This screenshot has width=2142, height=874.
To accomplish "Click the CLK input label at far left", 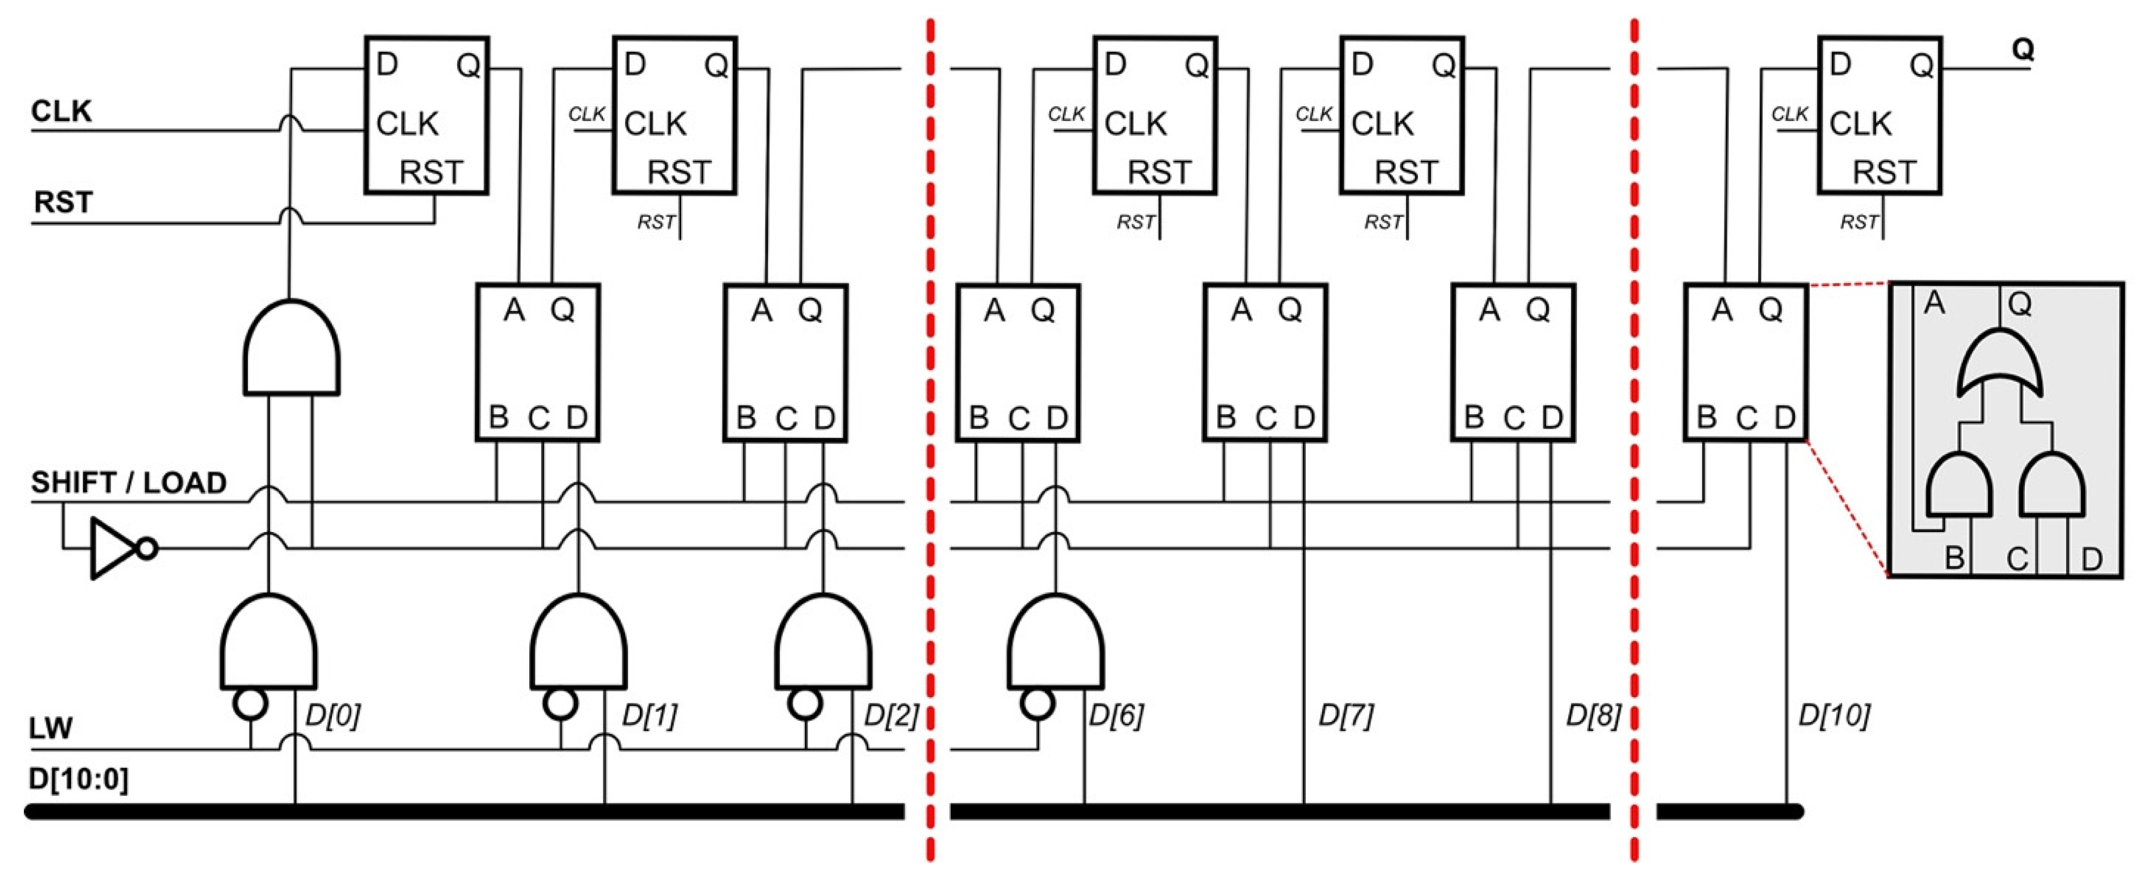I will [61, 111].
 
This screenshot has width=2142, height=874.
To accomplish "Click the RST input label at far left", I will [63, 202].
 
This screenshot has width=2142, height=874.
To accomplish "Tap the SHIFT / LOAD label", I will [129, 482].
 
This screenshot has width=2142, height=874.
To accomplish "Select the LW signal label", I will [51, 729].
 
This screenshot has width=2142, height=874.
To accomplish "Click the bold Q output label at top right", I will [2022, 50].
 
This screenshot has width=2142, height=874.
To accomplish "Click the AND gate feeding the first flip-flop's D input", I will [291, 349].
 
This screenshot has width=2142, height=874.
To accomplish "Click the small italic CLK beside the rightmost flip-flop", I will [1790, 114].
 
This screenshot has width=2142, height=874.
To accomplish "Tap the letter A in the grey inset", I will [1934, 303].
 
